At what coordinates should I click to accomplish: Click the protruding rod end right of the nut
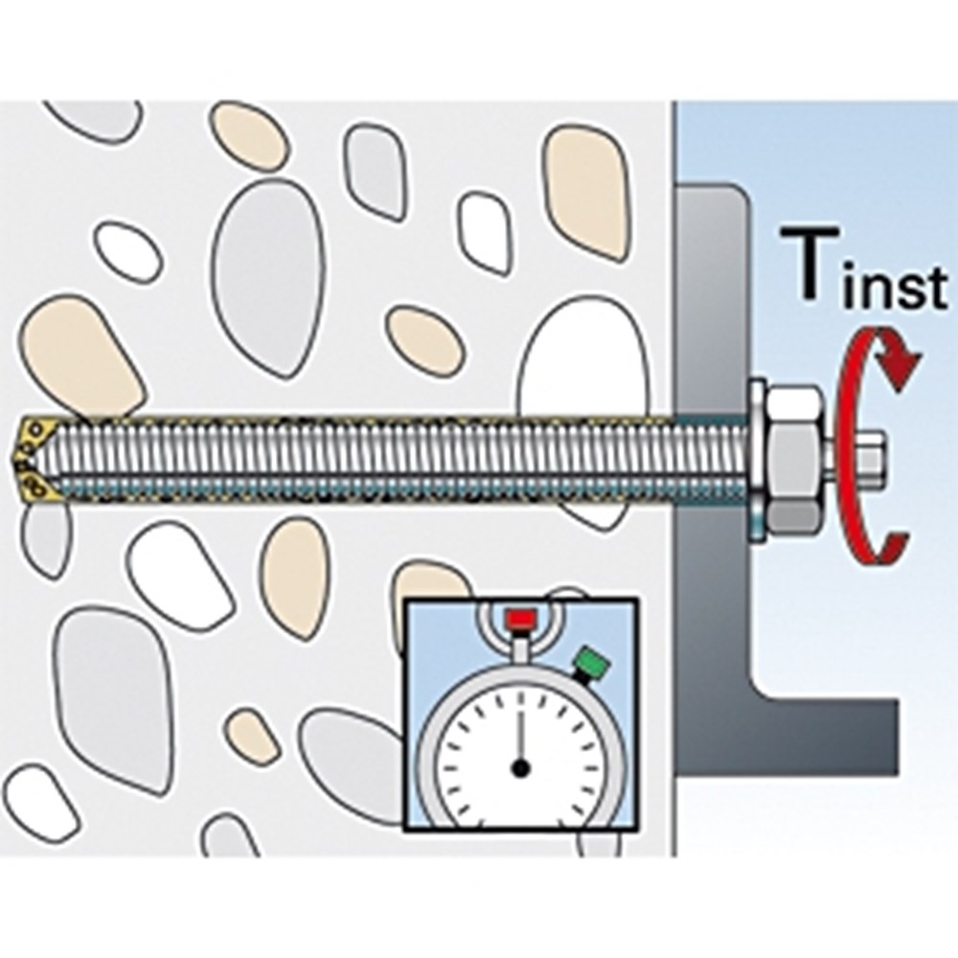pyautogui.click(x=868, y=457)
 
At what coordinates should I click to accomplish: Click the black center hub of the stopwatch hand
pyautogui.click(x=520, y=766)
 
